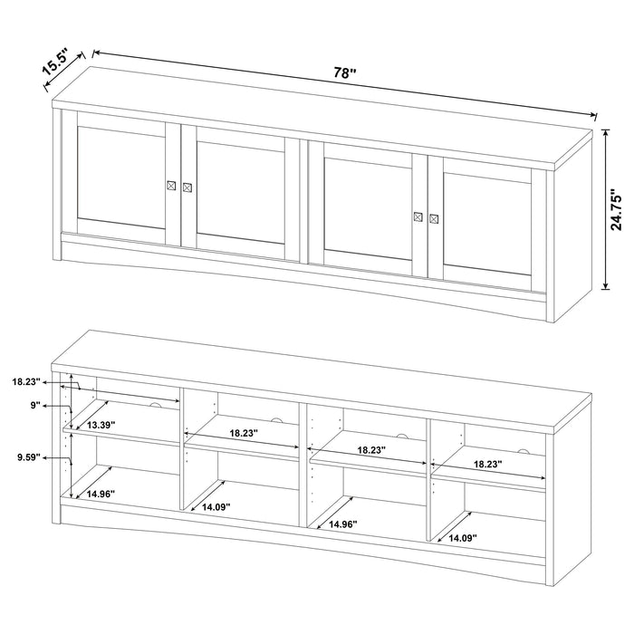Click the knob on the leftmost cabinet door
tap(170, 186)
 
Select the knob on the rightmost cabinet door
tap(434, 217)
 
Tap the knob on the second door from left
tap(187, 187)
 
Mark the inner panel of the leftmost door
tap(121, 177)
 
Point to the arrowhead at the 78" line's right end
tap(594, 115)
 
